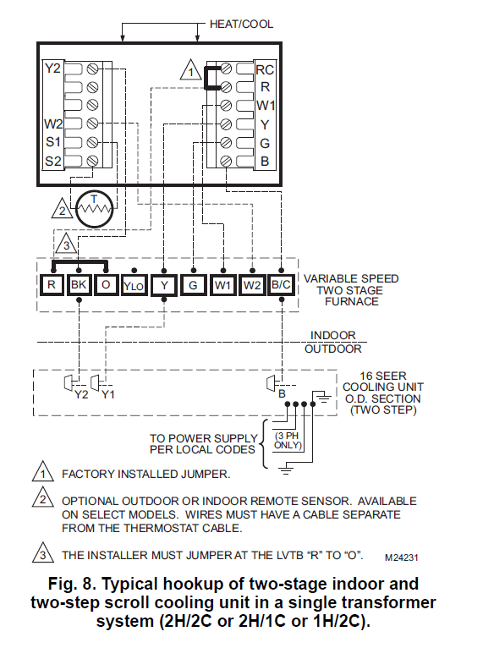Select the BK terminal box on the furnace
click(79, 285)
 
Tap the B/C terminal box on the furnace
click(281, 285)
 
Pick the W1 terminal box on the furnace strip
click(222, 285)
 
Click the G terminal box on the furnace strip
click(193, 285)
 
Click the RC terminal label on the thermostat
click(265, 69)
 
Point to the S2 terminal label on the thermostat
click(53, 161)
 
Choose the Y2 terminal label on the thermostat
click(53, 69)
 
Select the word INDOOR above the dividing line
click(332, 335)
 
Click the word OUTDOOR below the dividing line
click(332, 349)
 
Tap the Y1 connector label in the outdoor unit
click(108, 394)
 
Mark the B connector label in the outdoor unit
click(280, 394)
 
